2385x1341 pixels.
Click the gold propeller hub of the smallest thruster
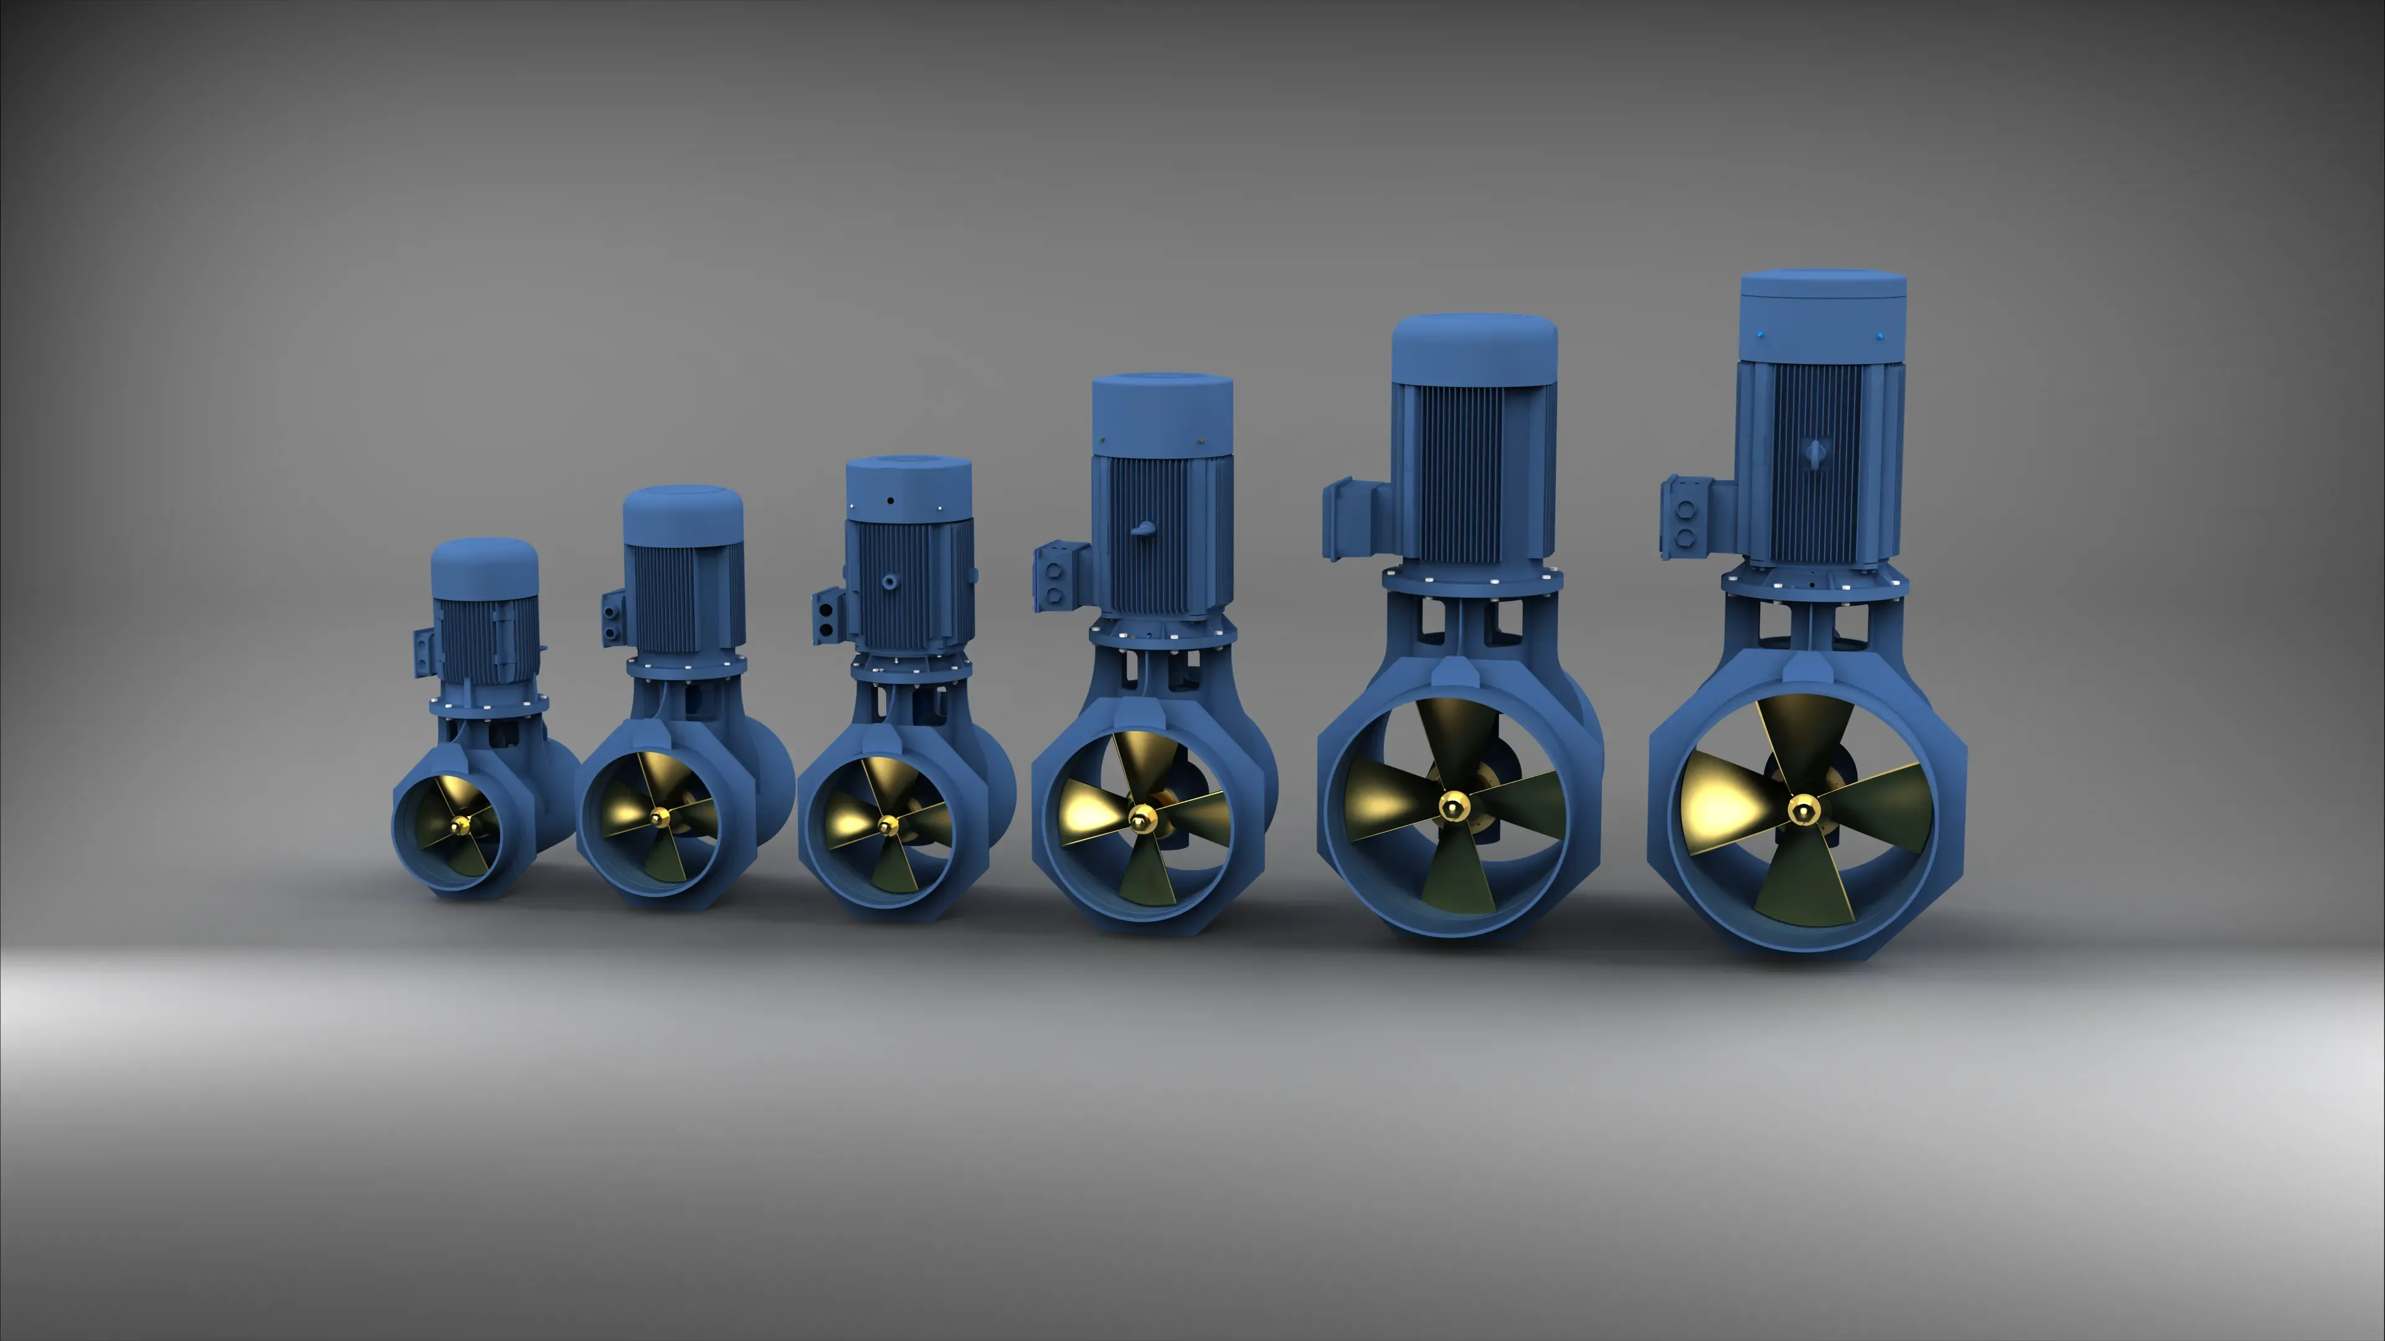[x=460, y=824]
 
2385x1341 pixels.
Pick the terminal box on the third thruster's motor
[x=827, y=617]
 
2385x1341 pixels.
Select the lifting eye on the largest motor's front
[x=1815, y=453]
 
